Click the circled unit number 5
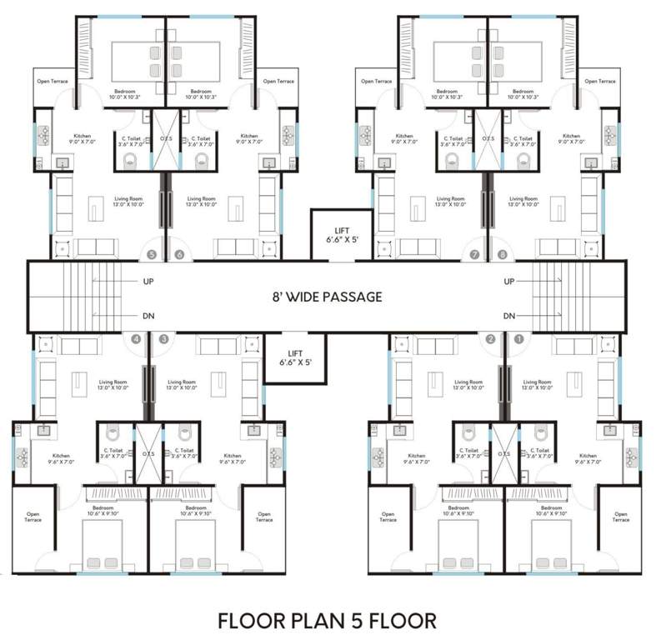click(152, 254)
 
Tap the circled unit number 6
click(178, 254)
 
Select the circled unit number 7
click(475, 254)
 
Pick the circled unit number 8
click(502, 254)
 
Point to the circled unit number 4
click(136, 339)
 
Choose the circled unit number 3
click(163, 339)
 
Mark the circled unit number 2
click(491, 339)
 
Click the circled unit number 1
click(518, 339)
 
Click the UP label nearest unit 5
click(148, 282)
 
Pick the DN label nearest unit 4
click(148, 316)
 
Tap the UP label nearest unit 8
click(509, 282)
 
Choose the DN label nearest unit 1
click(509, 316)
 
